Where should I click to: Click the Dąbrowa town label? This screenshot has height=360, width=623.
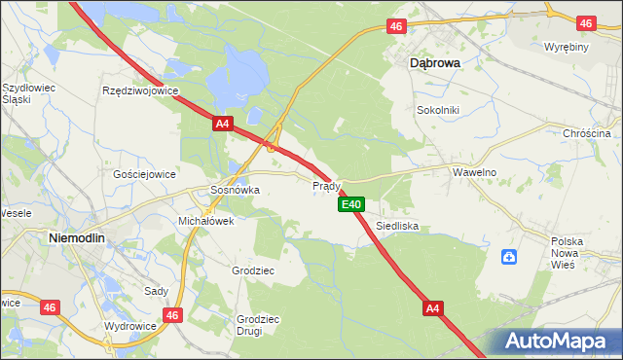433,61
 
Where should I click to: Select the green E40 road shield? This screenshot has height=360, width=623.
351,204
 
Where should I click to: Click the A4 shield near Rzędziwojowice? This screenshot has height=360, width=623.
223,124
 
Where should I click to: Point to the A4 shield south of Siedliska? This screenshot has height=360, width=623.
434,308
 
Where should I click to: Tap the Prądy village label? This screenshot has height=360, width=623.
326,185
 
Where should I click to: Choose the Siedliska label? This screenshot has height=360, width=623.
397,225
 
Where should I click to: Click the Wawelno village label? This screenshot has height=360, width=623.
475,171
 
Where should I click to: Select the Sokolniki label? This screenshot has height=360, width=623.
437,110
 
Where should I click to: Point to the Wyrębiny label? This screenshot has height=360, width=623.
565,47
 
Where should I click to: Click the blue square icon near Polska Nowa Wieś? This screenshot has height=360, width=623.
508,257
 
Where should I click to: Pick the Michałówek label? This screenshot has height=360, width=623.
205,221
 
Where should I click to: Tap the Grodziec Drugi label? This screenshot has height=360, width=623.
258,325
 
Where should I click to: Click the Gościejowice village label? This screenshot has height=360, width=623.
144,174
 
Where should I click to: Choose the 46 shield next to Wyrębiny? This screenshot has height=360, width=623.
585,22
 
